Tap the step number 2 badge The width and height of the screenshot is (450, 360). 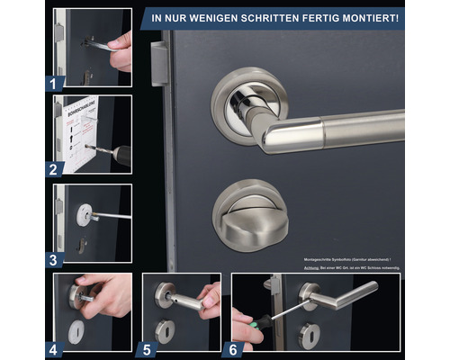click(53, 167)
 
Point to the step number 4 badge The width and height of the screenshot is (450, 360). click(53, 348)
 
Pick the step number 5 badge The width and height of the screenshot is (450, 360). click(147, 348)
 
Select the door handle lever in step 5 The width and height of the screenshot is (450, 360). click(184, 301)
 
